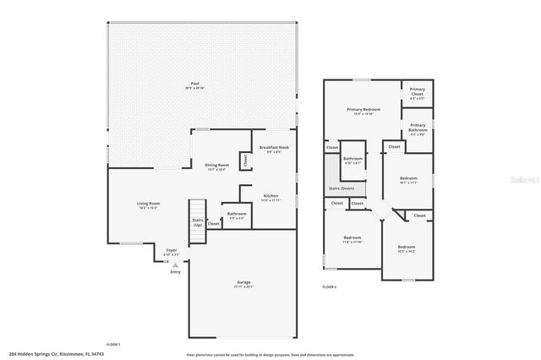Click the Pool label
(x=194, y=84)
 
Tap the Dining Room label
(x=216, y=165)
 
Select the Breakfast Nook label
(x=274, y=148)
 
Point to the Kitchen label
(x=270, y=196)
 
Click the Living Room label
(x=149, y=204)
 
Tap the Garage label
(x=243, y=281)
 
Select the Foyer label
(x=171, y=251)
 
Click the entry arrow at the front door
(x=175, y=265)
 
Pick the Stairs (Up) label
(x=197, y=221)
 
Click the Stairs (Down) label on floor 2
(x=342, y=189)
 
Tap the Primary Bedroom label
(x=363, y=110)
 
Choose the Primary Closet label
(x=417, y=91)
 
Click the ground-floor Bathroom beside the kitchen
(x=237, y=214)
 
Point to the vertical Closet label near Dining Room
(x=245, y=159)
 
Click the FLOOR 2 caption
(x=330, y=287)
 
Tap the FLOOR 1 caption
(x=113, y=345)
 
